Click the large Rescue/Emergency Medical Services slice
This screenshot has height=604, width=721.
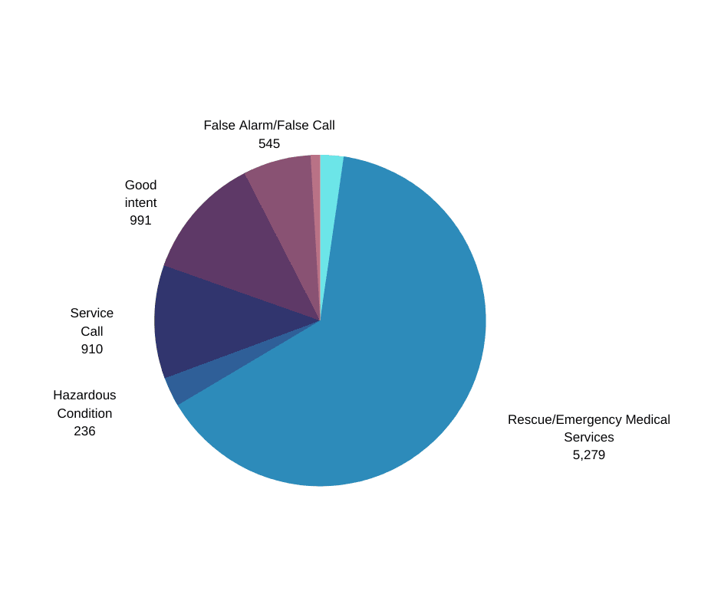click(384, 353)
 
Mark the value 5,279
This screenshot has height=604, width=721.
click(588, 455)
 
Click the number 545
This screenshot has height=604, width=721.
click(269, 143)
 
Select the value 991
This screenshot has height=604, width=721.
click(140, 220)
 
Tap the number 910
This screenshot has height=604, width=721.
click(92, 349)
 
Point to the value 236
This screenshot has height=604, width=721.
click(84, 431)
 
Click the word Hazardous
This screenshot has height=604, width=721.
click(84, 395)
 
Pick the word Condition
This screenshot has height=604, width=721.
click(84, 413)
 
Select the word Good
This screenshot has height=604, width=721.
click(140, 185)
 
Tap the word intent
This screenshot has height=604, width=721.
click(140, 202)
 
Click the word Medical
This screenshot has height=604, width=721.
click(647, 419)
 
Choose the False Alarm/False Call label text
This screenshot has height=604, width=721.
click(269, 125)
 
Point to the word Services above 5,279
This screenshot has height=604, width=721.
click(588, 437)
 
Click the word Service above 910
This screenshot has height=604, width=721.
click(92, 313)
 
